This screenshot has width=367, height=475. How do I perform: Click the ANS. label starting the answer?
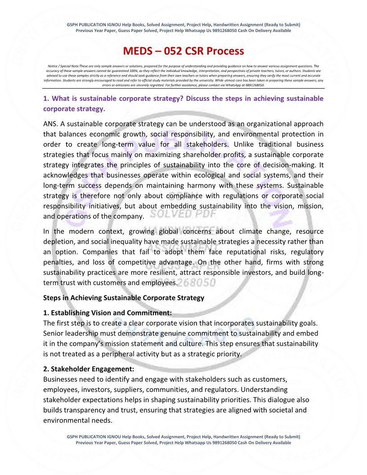coord(51,124)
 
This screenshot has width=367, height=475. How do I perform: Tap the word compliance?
coord(172,196)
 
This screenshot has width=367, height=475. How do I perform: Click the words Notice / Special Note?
coord(63,66)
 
